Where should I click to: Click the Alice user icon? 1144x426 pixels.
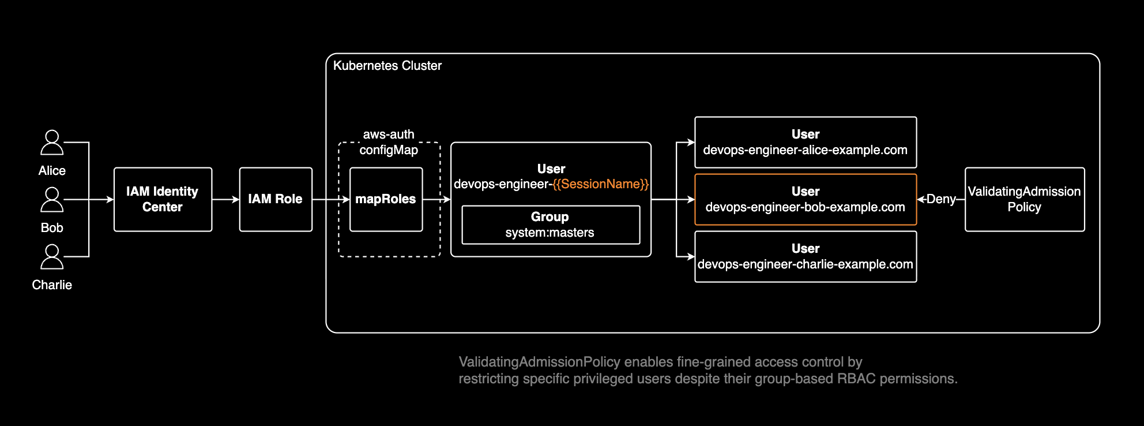52,143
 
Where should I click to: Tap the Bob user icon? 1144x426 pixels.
52,200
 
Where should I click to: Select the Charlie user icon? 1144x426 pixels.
52,257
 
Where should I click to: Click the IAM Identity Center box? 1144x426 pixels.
163,199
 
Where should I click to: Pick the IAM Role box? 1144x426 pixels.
276,199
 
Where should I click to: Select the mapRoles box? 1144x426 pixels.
386,199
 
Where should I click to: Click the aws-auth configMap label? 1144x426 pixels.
389,142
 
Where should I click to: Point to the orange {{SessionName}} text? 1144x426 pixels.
600,184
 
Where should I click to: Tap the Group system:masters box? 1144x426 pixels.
551,225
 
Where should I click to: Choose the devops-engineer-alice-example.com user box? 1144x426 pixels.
806,143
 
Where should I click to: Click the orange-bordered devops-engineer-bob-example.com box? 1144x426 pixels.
806,199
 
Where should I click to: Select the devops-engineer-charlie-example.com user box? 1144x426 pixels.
806,256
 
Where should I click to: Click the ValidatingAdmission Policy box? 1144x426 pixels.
1025,199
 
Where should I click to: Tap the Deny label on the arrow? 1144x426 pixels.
941,199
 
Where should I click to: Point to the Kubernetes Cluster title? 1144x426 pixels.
387,66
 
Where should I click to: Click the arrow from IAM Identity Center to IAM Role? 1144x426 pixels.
225,199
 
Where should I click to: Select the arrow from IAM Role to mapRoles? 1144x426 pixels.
330,199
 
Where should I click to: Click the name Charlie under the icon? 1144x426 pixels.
52,285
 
